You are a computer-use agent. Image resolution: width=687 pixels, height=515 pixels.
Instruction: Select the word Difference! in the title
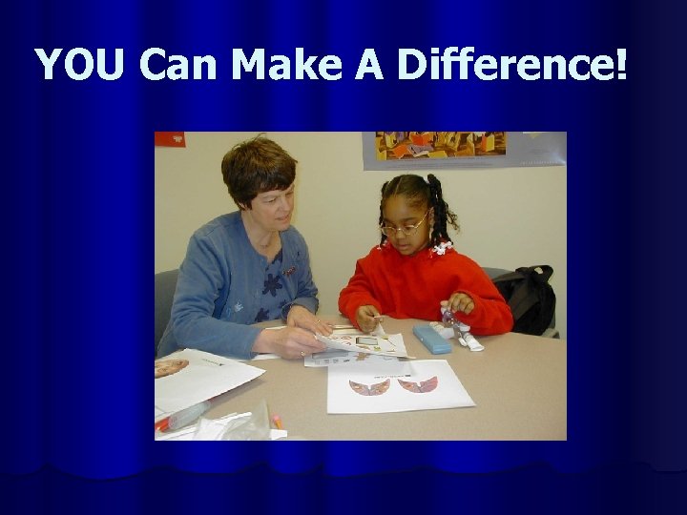(x=511, y=65)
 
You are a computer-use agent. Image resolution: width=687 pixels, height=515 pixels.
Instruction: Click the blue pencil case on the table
(x=431, y=339)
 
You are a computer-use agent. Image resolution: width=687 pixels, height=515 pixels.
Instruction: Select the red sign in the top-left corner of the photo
(x=169, y=139)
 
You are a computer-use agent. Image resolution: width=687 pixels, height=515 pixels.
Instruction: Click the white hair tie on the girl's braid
(x=441, y=248)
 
